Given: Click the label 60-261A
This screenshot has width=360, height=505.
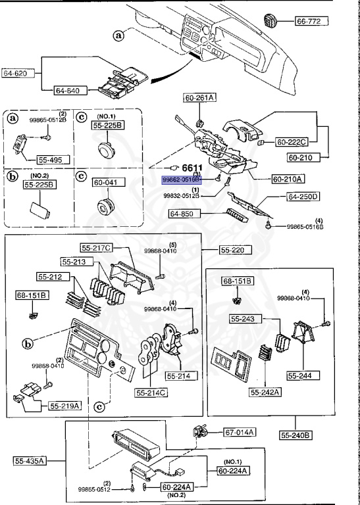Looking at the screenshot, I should coord(200,98).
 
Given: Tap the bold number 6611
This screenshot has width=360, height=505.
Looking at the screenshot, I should coord(192,168).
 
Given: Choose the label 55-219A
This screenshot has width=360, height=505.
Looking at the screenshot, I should coord(64,406).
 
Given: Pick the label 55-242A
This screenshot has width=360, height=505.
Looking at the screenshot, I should coord(265,393).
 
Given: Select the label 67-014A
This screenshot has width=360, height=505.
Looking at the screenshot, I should coord(240,432).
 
